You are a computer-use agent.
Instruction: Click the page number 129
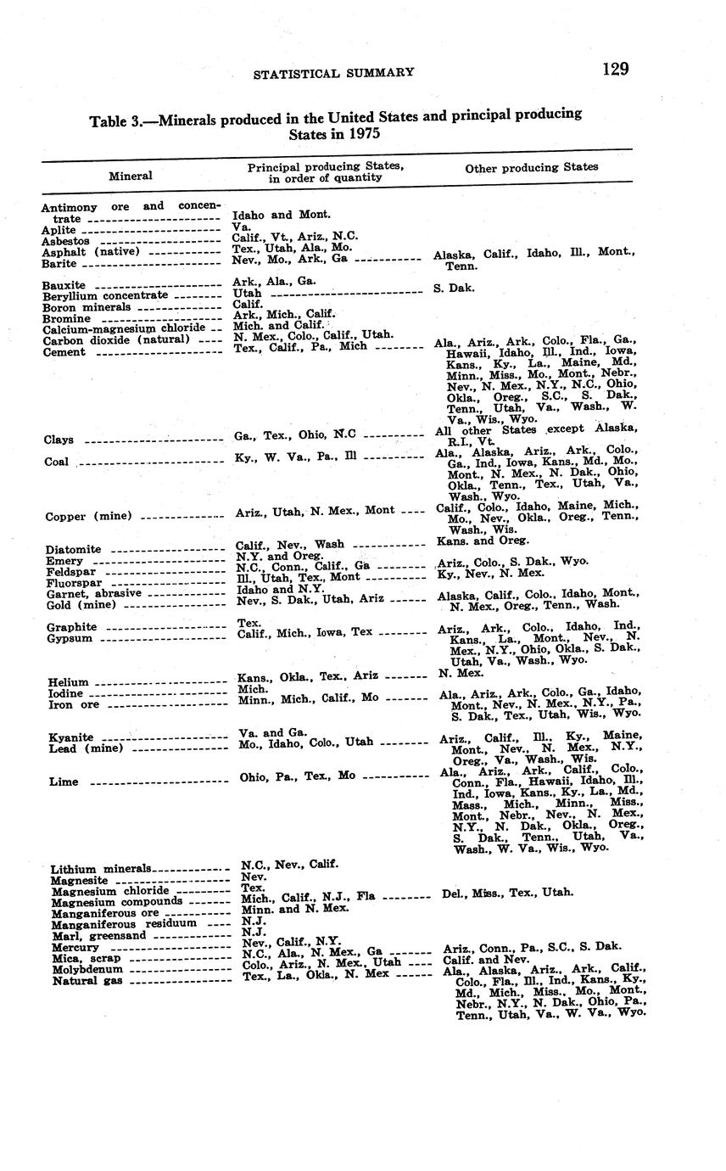[x=616, y=69]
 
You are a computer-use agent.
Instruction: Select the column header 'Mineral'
[x=131, y=176]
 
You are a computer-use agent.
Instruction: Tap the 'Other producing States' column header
[x=531, y=168]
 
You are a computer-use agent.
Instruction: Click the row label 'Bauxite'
[x=64, y=285]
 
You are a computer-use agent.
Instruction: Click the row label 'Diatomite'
[x=73, y=550]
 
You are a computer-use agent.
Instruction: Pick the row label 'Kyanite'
[x=71, y=737]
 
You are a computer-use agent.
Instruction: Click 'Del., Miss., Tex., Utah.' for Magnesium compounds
[x=508, y=893]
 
